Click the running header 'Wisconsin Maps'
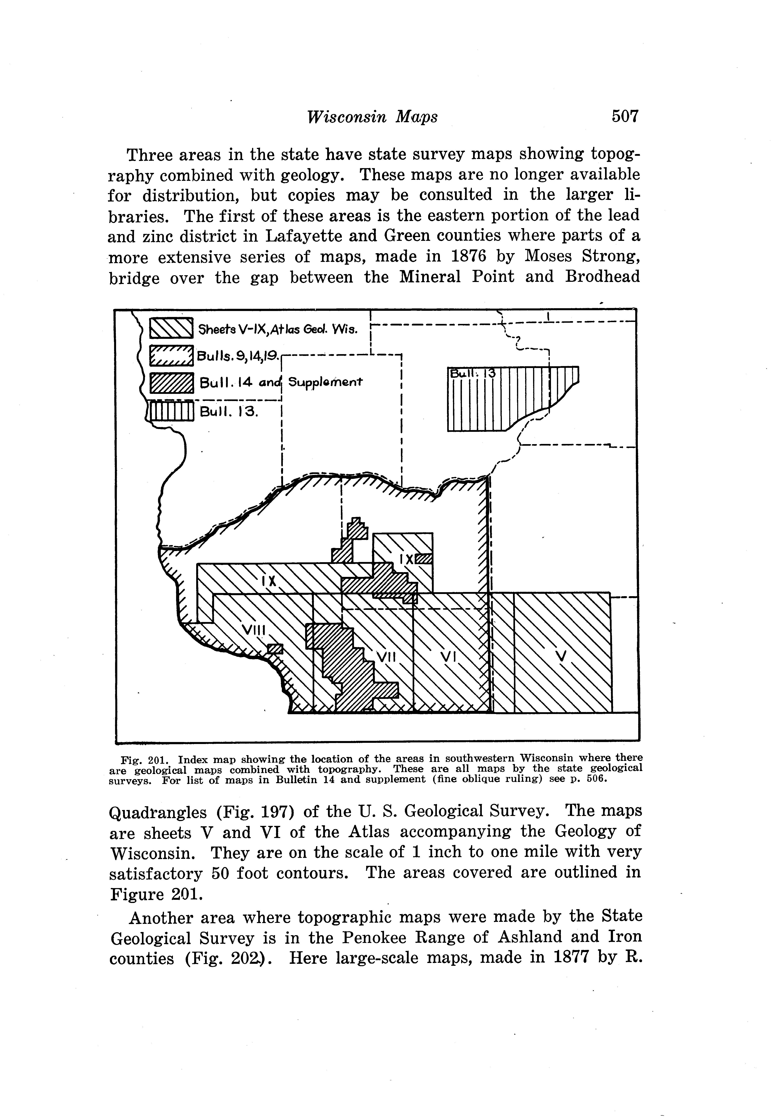coord(372,117)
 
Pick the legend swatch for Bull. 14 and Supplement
coord(172,384)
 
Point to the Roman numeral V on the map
coord(560,657)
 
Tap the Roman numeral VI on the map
coord(449,657)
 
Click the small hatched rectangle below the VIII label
coord(275,649)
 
